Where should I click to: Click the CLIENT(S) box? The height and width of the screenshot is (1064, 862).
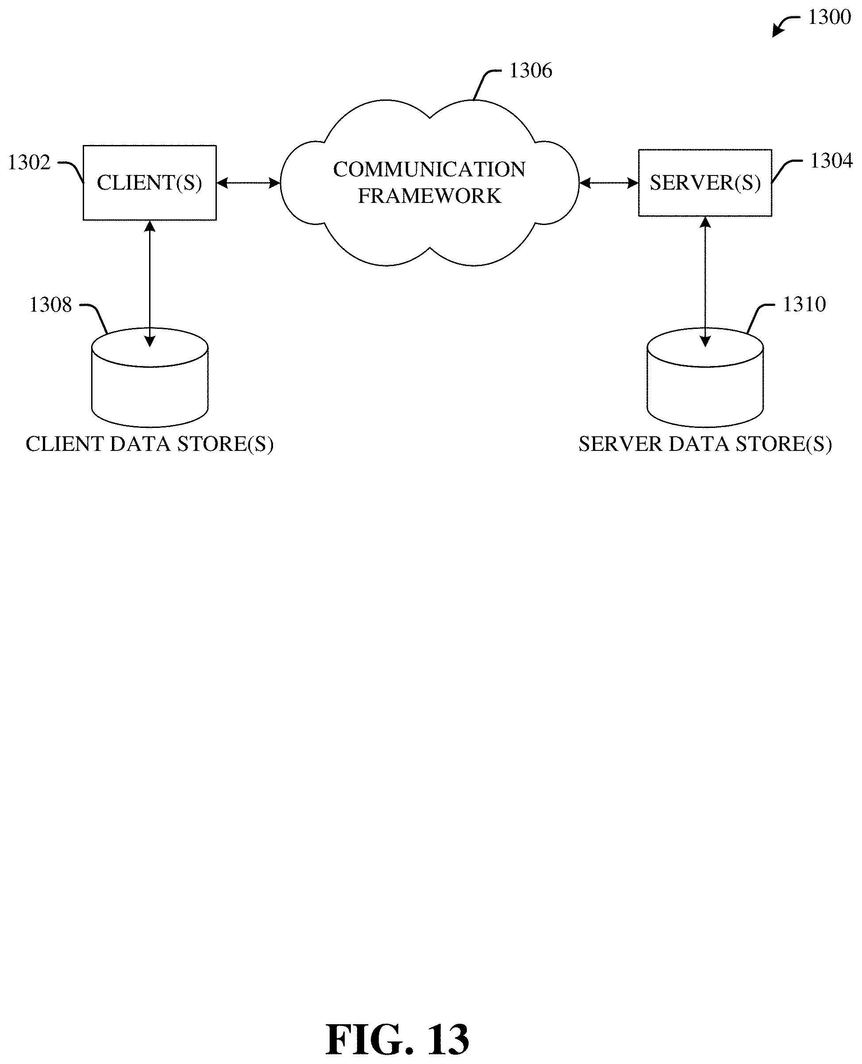(150, 183)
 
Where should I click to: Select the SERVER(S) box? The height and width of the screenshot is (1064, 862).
(705, 183)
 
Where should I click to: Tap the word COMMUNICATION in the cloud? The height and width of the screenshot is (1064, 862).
(430, 170)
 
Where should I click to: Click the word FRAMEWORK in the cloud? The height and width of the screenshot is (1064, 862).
(430, 196)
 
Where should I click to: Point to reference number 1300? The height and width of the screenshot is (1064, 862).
(830, 17)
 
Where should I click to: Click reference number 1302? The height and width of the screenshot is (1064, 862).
(29, 163)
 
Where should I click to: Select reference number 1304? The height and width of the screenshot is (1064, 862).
(831, 161)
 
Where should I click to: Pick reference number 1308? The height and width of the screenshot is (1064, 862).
(50, 305)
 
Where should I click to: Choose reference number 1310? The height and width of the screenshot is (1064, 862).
(804, 305)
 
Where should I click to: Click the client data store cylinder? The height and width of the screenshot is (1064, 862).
(150, 377)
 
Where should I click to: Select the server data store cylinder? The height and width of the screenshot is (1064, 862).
(705, 377)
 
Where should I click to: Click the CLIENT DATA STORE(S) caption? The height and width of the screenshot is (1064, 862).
(150, 444)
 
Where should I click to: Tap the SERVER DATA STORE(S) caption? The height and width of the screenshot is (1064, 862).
(705, 444)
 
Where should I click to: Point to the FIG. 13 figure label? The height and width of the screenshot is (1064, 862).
(397, 1040)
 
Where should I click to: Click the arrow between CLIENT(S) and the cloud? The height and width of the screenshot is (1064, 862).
(248, 183)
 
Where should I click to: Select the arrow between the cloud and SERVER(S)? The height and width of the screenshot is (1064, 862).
(609, 183)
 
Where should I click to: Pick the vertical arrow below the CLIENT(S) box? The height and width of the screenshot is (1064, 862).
(150, 284)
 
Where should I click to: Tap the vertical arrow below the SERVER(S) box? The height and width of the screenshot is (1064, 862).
(705, 282)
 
